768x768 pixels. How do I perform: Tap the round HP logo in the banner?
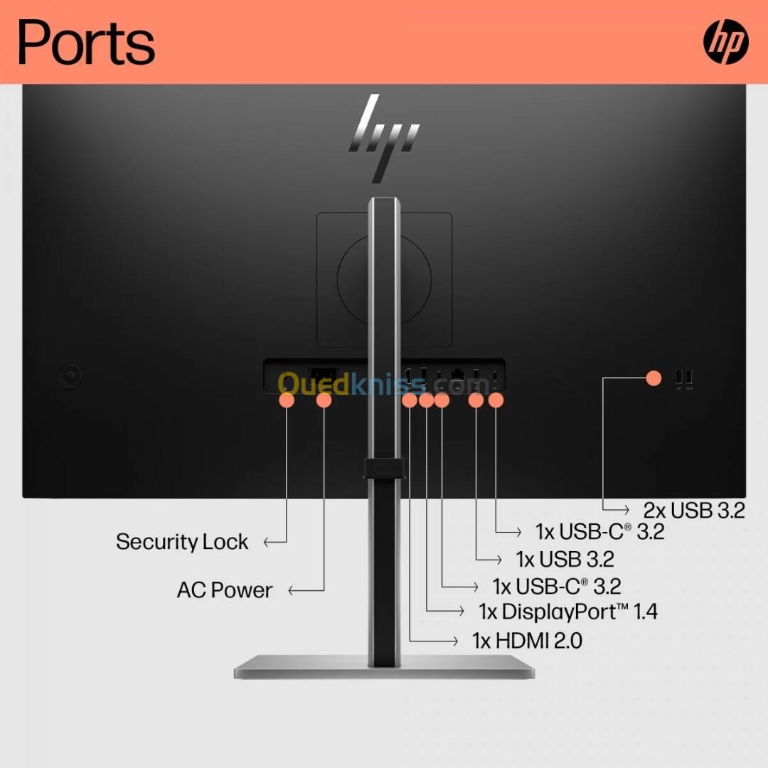point(725,42)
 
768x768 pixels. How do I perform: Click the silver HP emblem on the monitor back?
point(383,139)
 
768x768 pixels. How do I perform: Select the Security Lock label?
point(182,542)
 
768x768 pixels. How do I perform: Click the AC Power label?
point(225,590)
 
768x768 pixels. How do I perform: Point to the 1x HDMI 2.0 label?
point(527,641)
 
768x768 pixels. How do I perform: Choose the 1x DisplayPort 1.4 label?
point(568,612)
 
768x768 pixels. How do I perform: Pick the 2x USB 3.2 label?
point(694,511)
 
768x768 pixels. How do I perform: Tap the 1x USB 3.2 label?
point(565,560)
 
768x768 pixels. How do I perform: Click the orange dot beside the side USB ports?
point(654,378)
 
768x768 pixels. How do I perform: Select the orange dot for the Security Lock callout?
point(287,400)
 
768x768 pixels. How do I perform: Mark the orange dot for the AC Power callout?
point(324,400)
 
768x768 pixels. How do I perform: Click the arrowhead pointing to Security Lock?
point(267,542)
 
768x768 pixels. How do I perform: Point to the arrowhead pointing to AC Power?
point(292,591)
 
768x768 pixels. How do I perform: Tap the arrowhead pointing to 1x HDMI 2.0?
point(455,641)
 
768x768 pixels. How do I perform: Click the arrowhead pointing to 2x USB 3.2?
point(626,510)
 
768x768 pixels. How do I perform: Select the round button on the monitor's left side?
point(70,376)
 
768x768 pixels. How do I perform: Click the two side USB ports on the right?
point(684,378)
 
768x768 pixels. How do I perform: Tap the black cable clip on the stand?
point(383,469)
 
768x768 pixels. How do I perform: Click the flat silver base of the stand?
point(384,667)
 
